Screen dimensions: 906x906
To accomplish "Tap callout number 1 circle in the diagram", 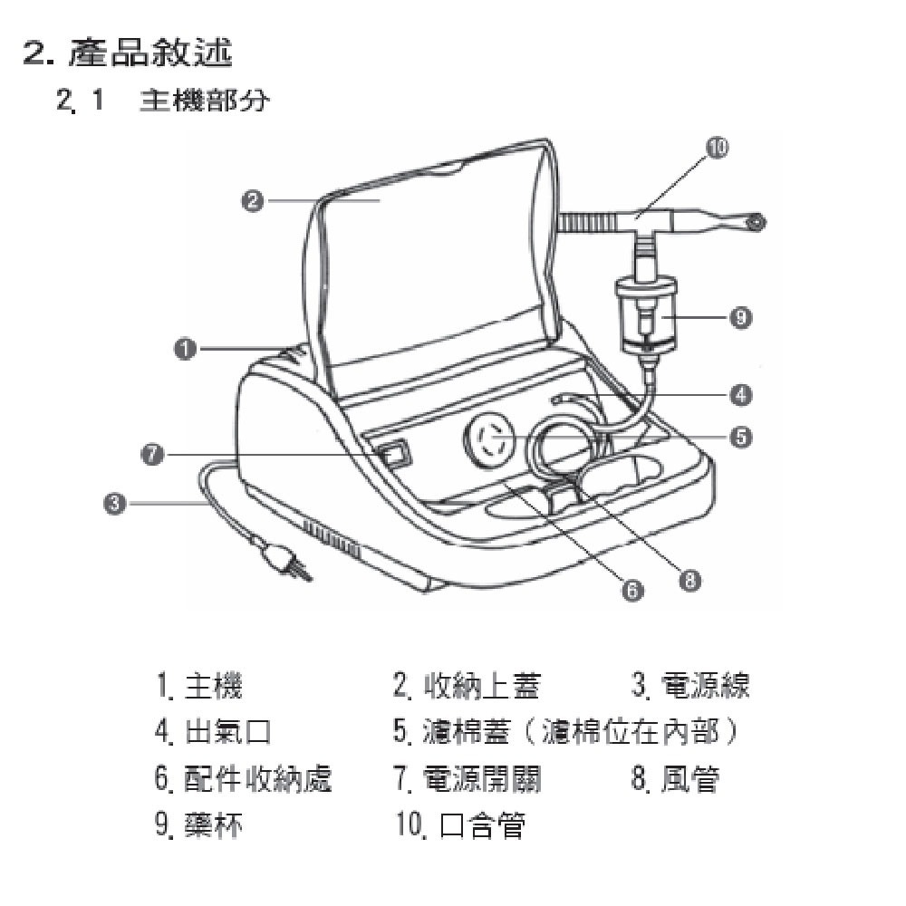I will click(186, 348).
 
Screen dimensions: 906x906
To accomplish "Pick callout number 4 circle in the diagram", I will click(741, 394).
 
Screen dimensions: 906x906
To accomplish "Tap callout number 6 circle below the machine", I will click(631, 590).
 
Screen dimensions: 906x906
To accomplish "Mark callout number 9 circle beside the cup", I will click(741, 317).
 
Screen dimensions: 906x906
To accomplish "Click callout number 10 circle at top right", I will click(717, 149).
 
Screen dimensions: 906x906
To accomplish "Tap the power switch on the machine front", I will click(393, 453).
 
